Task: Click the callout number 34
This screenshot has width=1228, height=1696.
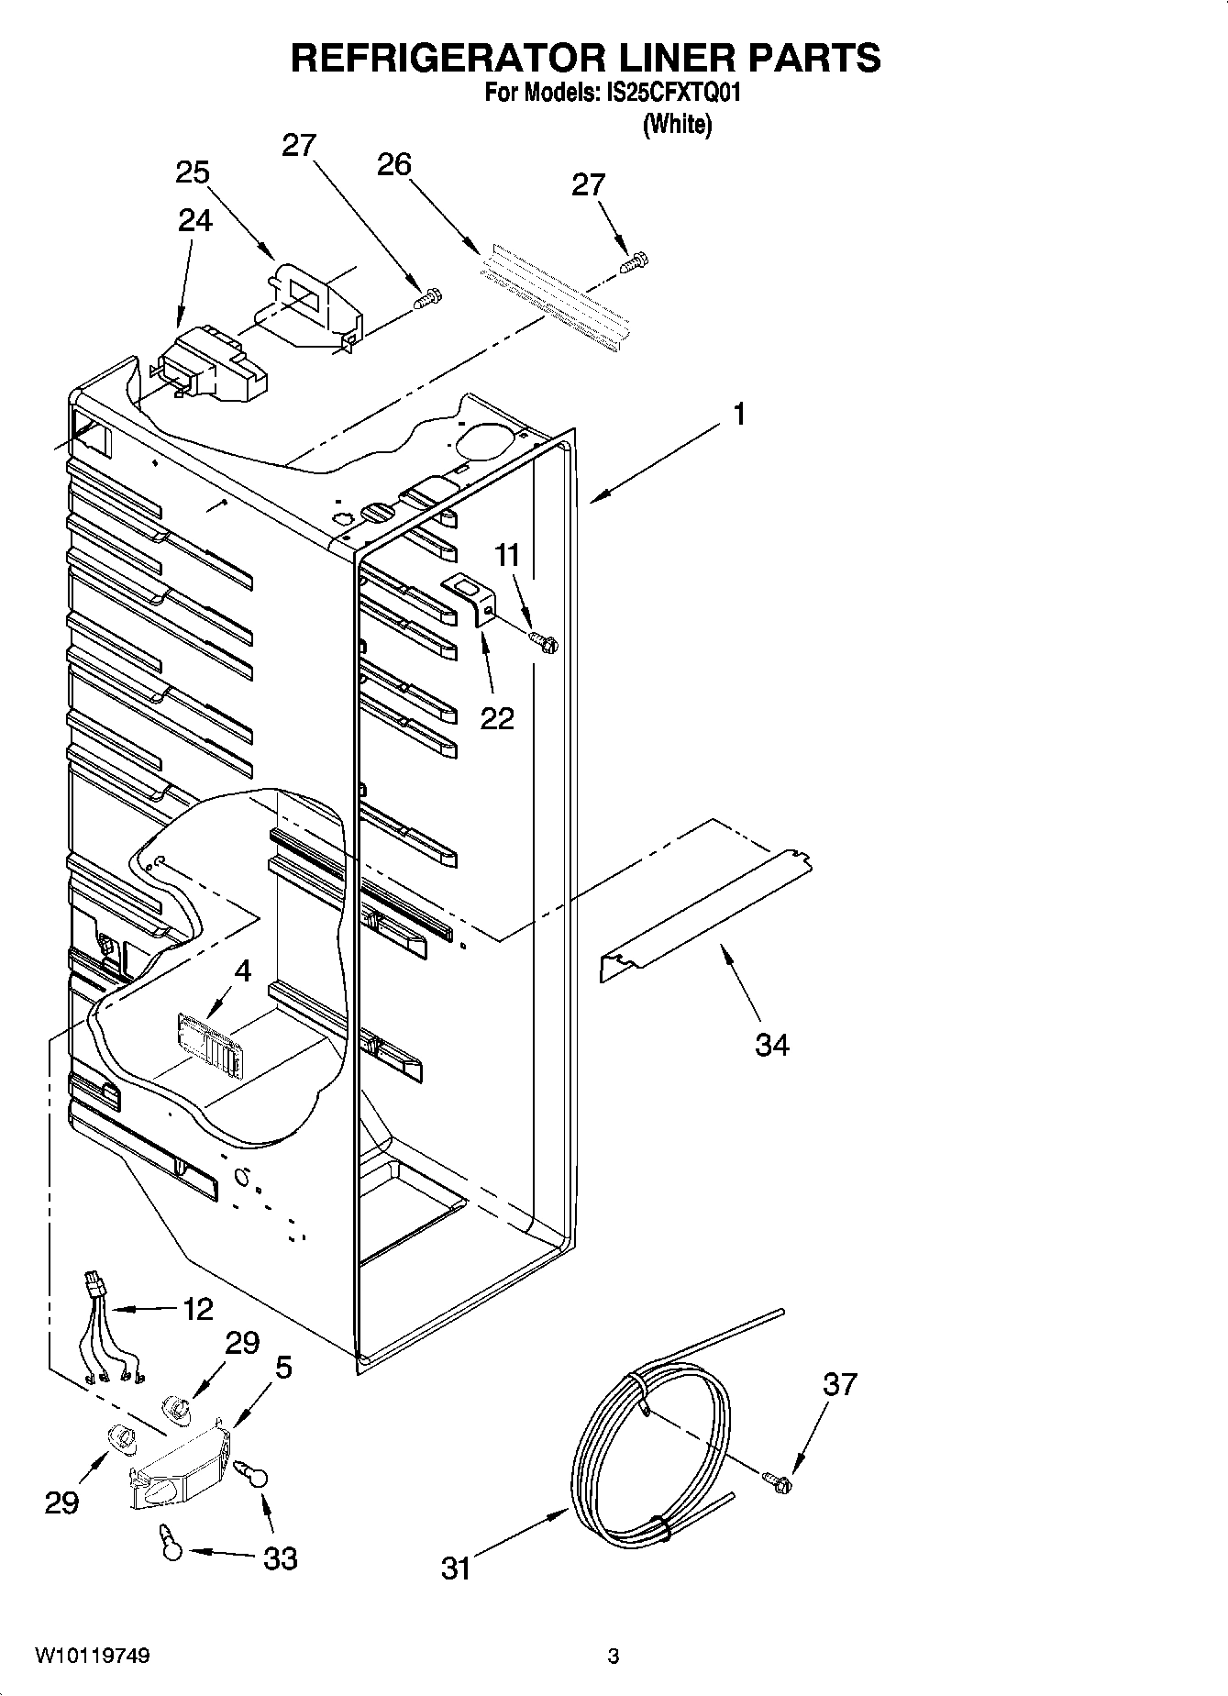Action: [x=771, y=1044]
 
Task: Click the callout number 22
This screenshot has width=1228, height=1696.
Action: [x=497, y=717]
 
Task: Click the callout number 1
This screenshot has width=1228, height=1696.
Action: [x=738, y=415]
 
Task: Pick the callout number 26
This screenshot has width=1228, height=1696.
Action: [x=394, y=164]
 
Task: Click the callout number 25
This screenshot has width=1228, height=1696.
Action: [x=193, y=172]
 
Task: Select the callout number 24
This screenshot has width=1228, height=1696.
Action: [x=195, y=220]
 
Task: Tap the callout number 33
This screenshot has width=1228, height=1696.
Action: [x=281, y=1557]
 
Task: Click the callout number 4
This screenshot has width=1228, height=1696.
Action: [x=241, y=970]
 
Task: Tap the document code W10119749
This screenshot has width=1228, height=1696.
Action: [x=93, y=1656]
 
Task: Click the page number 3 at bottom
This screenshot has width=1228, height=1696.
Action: [x=613, y=1657]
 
